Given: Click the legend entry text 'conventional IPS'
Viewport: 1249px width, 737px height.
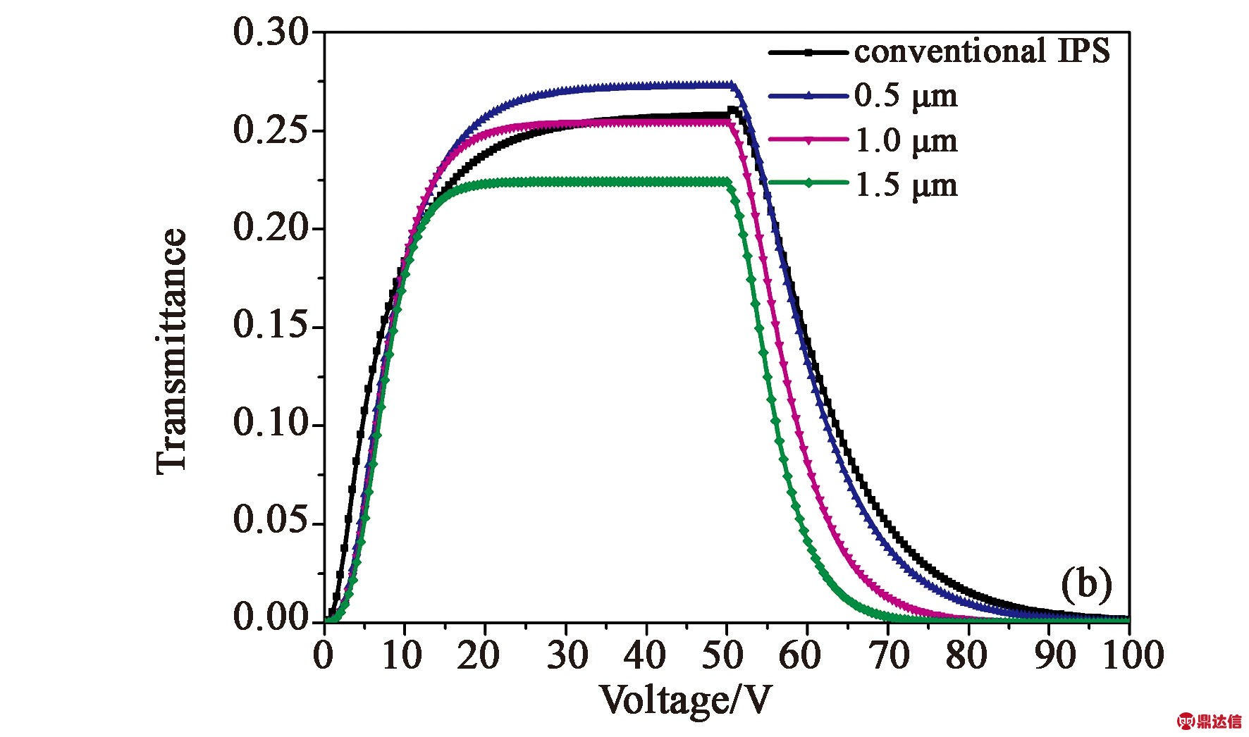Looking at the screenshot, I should [x=981, y=51].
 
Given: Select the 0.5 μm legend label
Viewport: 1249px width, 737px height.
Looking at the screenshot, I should [x=906, y=96].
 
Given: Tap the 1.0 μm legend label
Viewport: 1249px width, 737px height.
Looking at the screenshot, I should [x=906, y=141].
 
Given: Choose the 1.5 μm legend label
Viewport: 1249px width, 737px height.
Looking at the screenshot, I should [x=906, y=185].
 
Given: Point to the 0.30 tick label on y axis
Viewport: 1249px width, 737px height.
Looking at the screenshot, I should [x=271, y=32].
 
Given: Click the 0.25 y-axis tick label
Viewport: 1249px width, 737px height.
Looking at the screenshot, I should [x=271, y=130].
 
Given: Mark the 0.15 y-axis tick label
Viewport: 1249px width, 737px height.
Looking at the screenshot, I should [x=271, y=326].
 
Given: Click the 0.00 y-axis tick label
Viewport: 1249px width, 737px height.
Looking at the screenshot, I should [x=271, y=618].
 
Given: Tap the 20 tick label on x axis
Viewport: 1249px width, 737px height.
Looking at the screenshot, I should [x=478, y=655].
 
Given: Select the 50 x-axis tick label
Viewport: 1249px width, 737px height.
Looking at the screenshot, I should [x=722, y=655].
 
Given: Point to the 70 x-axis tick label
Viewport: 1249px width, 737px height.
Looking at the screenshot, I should [x=889, y=655].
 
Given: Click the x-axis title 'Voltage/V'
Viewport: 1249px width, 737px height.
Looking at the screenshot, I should [x=685, y=700].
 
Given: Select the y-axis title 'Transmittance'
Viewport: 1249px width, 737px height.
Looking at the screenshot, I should [x=172, y=351].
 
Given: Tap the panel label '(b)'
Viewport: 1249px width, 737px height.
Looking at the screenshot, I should [x=1086, y=585].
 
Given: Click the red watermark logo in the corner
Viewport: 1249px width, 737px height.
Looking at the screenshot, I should [x=1209, y=721].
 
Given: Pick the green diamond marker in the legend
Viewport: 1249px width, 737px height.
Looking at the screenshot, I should [x=808, y=183].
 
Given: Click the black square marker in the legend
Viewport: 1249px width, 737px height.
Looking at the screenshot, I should [x=808, y=52].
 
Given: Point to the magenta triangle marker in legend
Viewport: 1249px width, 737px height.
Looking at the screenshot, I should [x=808, y=140].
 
